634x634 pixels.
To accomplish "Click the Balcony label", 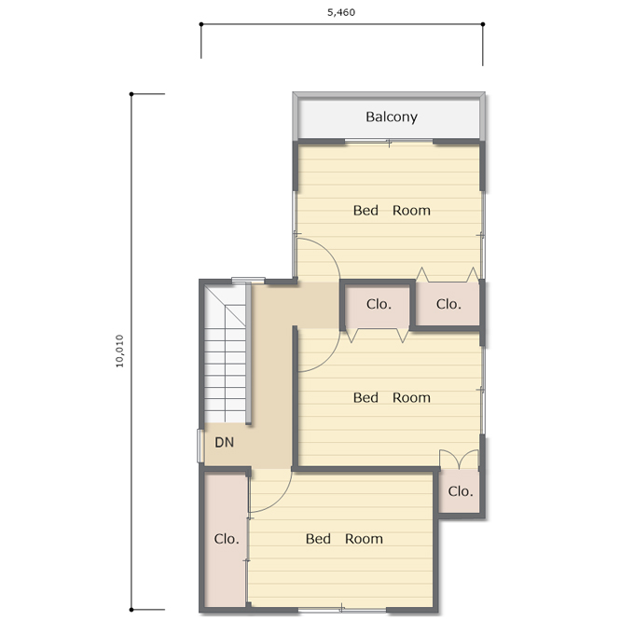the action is [392, 117].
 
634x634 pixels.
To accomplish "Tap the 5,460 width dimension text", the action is [341, 12].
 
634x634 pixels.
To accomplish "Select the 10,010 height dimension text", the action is [119, 351].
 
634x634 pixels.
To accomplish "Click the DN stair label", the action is [225, 442].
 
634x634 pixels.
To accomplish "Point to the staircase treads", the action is [225, 353].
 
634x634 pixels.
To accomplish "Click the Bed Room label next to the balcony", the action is [392, 211].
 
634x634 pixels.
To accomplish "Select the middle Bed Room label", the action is [392, 397].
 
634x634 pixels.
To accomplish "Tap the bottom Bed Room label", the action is [344, 539].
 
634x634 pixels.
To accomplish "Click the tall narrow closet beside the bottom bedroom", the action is [226, 539].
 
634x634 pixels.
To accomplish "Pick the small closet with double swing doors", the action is [459, 491].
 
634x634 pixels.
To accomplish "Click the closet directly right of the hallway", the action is [378, 307].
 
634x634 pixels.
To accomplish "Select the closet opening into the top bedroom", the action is [448, 304].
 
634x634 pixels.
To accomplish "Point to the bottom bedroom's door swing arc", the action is [279, 501].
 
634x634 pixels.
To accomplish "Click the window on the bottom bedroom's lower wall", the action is [342, 609].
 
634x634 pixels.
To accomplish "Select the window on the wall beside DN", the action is [200, 446].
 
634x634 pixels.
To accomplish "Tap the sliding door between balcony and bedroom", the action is [389, 141].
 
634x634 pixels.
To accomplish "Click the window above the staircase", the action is [248, 280].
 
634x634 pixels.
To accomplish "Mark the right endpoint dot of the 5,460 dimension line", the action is [483, 24].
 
